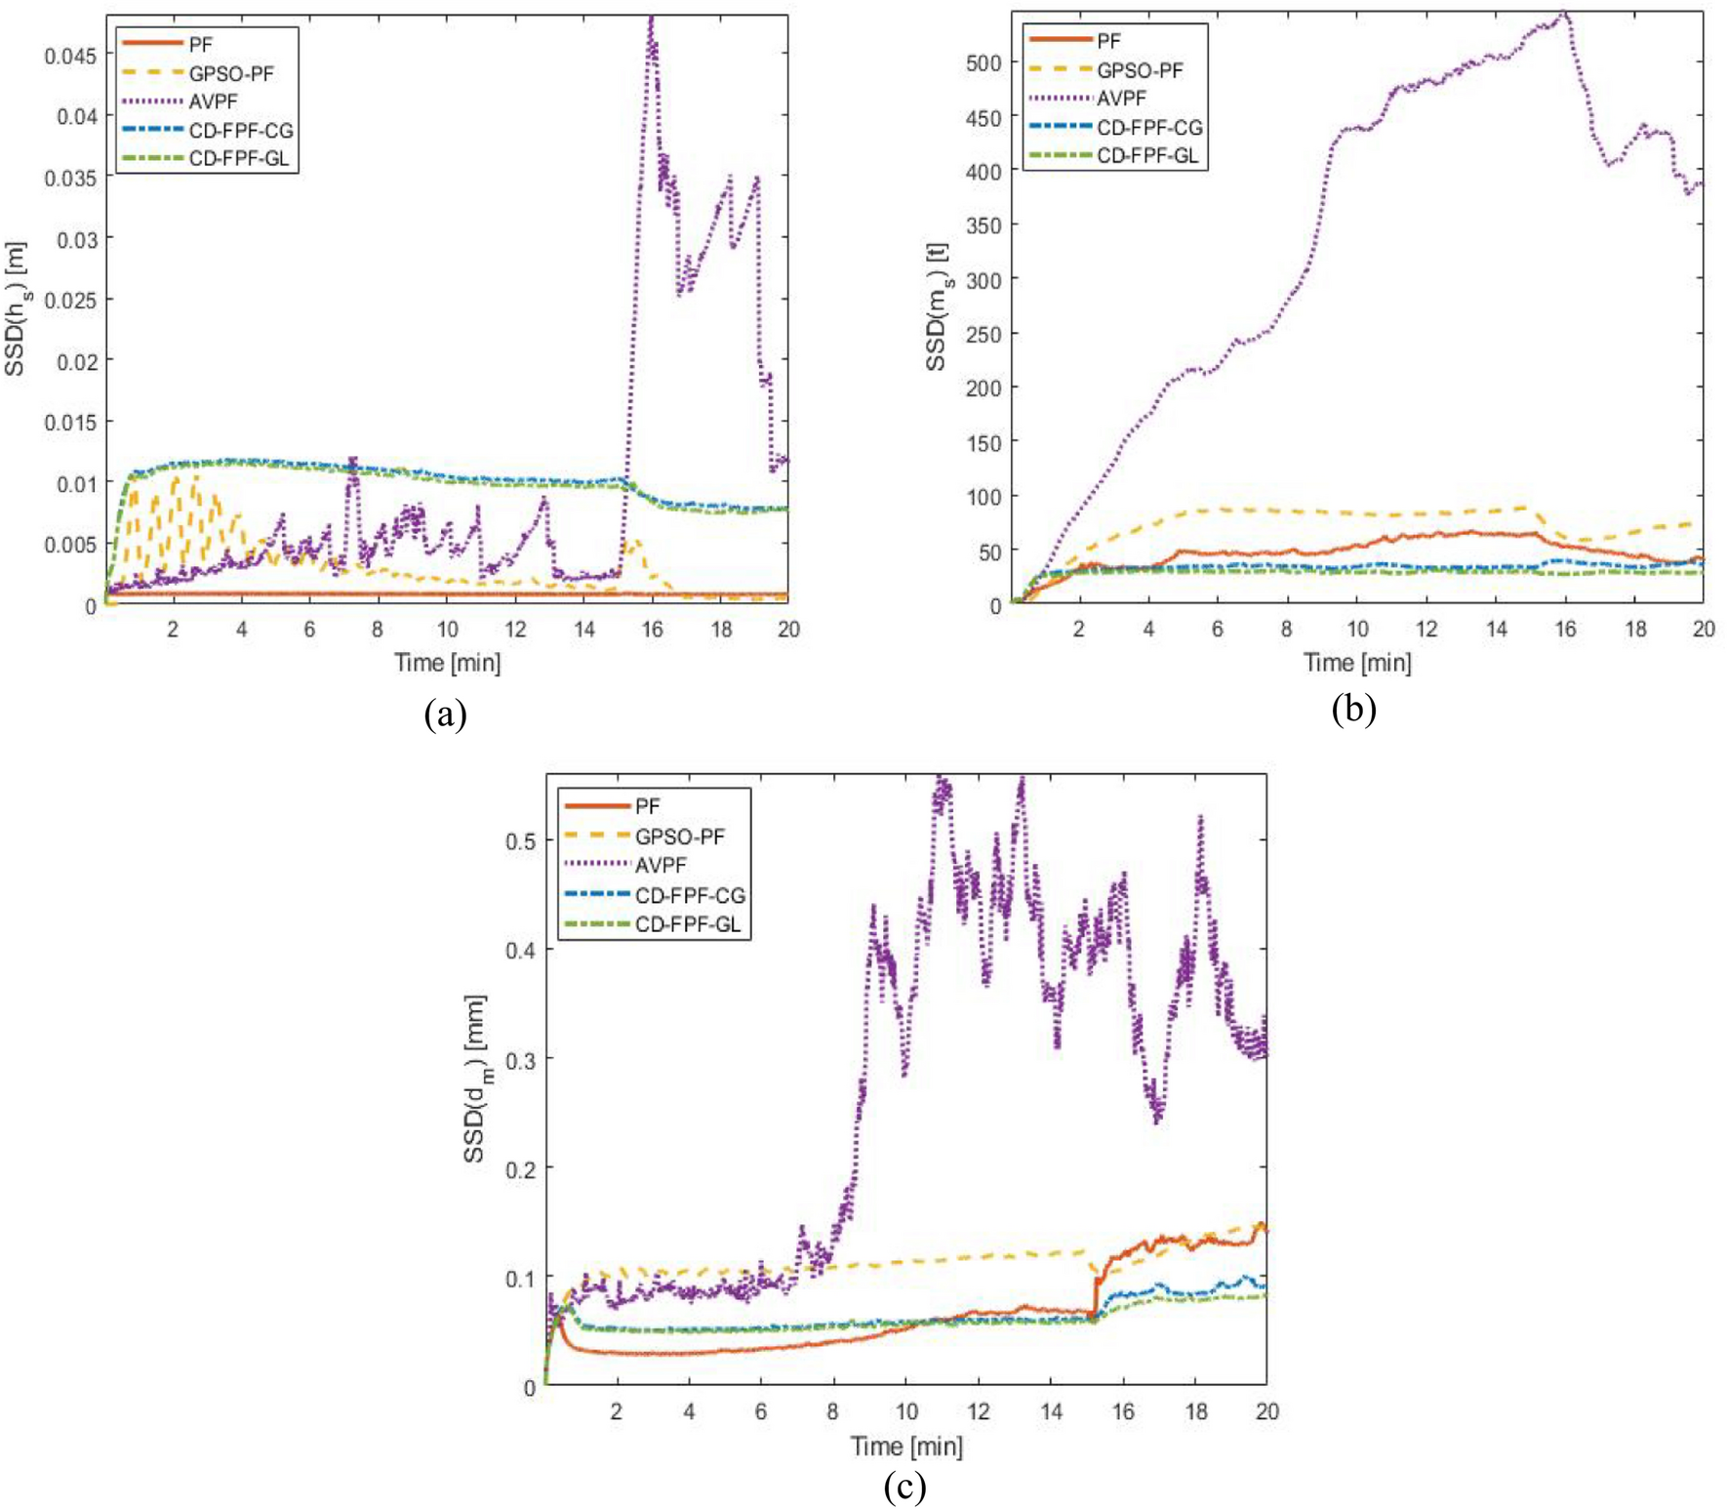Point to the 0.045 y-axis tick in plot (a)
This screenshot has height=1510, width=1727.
point(70,56)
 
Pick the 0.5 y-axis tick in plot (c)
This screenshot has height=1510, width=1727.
point(520,841)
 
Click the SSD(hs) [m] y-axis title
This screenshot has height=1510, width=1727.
point(16,310)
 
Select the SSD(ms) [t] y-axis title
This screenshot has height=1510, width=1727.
point(937,306)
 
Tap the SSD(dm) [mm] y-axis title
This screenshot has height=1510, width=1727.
point(476,1079)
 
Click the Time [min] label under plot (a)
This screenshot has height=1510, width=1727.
point(447,663)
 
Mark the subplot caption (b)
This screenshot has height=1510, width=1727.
point(1353,708)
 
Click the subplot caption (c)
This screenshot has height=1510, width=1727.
point(904,1486)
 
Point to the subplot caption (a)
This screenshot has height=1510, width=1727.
point(445,714)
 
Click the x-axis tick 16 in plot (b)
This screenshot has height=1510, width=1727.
point(1565,630)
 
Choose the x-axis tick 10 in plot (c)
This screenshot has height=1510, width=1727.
point(905,1410)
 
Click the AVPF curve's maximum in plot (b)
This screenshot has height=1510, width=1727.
point(1564,13)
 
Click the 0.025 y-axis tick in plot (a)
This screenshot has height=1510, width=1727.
point(70,300)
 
